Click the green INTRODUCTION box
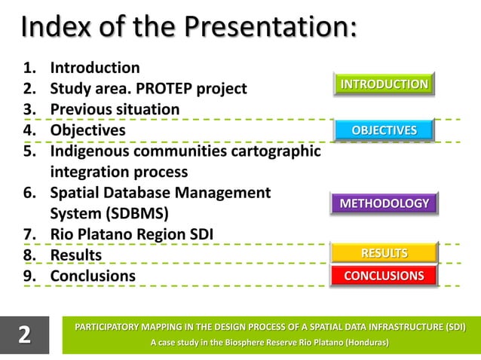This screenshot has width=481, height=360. click(383, 84)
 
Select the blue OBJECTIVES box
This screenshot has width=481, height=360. click(384, 130)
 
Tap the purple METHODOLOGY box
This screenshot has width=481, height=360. click(384, 203)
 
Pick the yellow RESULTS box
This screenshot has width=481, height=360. click(384, 252)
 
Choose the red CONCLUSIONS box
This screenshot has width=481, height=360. click(384, 276)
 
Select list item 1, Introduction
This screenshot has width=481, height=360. click(94, 69)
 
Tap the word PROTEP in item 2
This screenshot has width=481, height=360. click(157, 89)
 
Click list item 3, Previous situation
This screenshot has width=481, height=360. click(115, 110)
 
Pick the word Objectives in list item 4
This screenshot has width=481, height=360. click(87, 130)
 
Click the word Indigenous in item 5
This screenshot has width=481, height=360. click(90, 151)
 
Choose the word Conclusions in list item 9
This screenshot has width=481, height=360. click(93, 276)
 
